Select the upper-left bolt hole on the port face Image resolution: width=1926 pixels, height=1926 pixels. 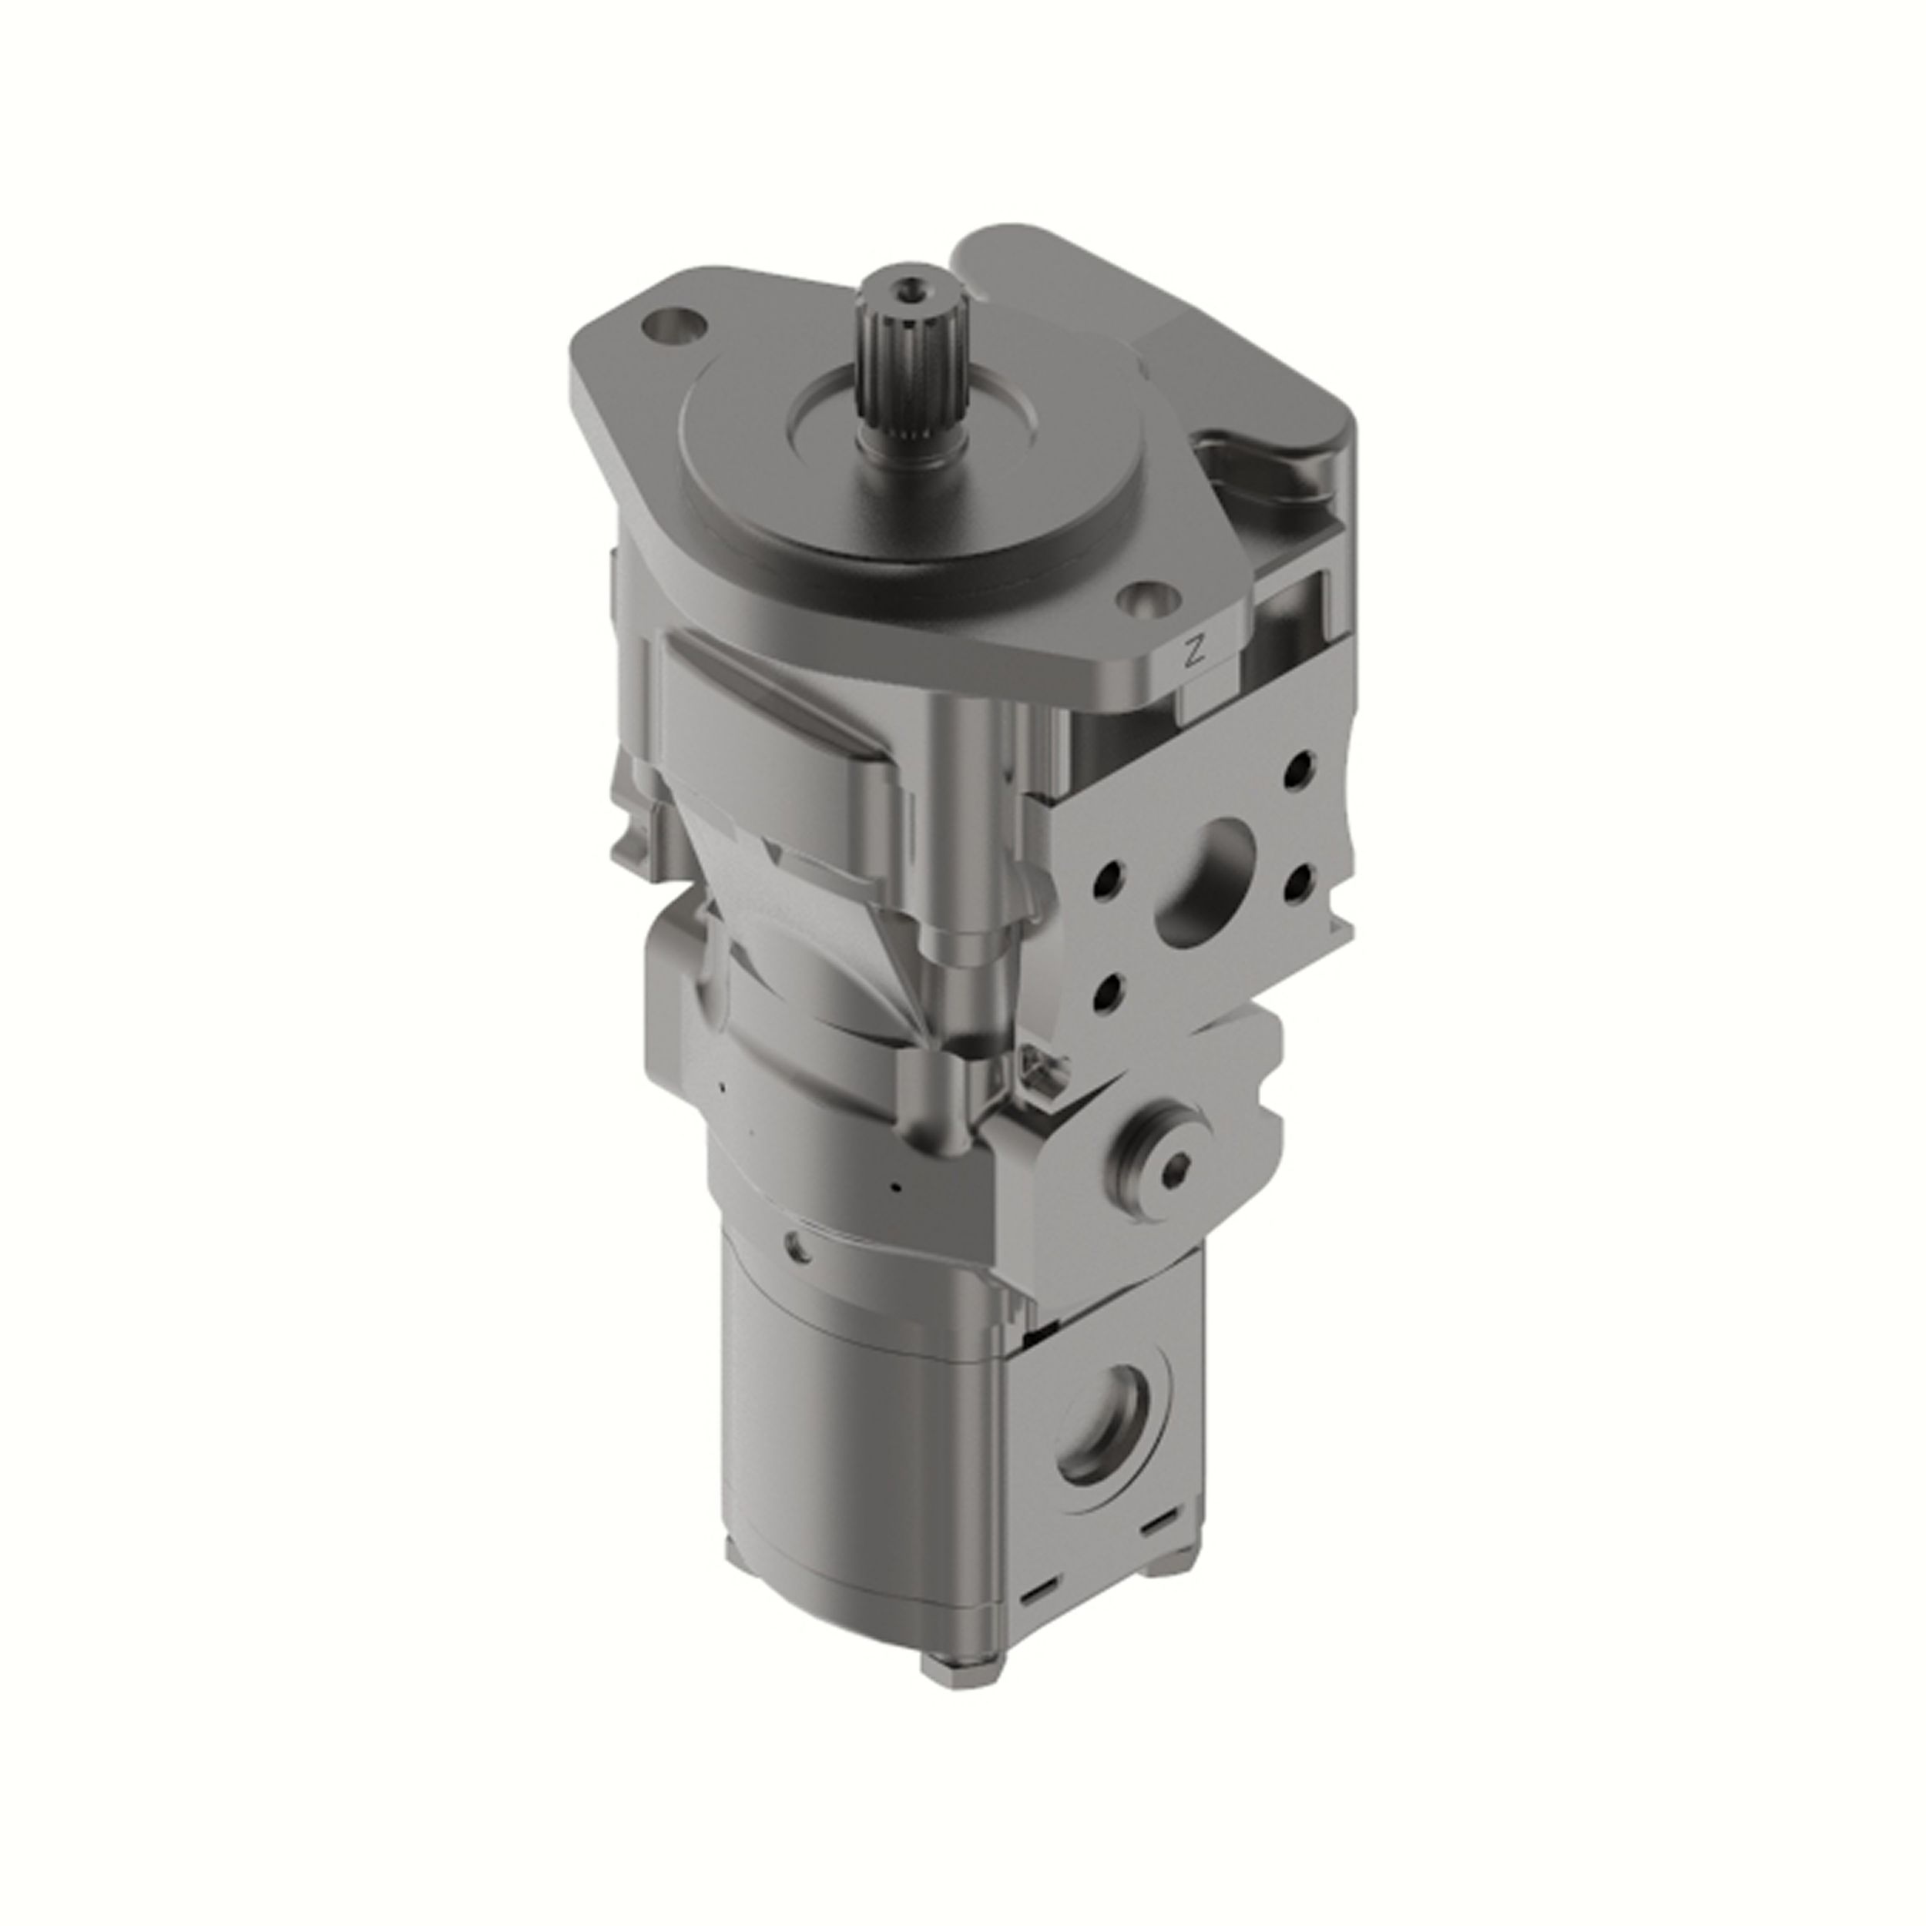coord(1108,879)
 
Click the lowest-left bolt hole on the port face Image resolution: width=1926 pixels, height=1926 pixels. coord(1108,990)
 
